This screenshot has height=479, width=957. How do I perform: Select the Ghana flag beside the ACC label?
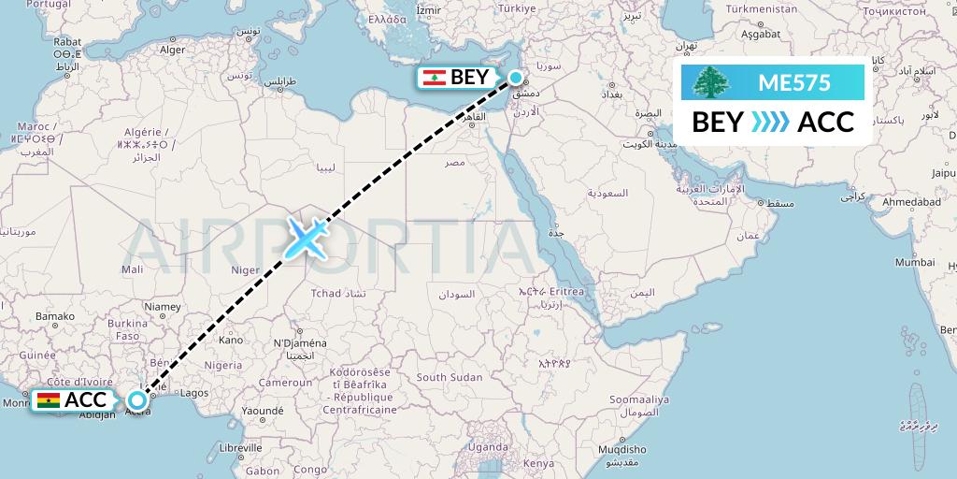pyautogui.click(x=47, y=401)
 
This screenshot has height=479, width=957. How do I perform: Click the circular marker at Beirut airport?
pyautogui.click(x=515, y=78)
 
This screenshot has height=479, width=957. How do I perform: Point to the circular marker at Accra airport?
pyautogui.click(x=137, y=400)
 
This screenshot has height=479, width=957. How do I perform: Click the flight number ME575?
pyautogui.click(x=793, y=82)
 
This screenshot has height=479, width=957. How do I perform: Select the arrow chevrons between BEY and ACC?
pyautogui.click(x=771, y=122)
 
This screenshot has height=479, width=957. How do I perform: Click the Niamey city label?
pyautogui.click(x=162, y=306)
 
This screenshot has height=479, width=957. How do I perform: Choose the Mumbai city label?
pyautogui.click(x=915, y=263)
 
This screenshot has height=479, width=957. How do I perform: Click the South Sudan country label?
pyautogui.click(x=450, y=377)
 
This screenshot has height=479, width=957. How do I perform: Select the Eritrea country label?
pyautogui.click(x=587, y=293)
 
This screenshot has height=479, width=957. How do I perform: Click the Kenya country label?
pyautogui.click(x=538, y=464)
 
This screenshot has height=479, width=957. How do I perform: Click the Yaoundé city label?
pyautogui.click(x=262, y=410)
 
